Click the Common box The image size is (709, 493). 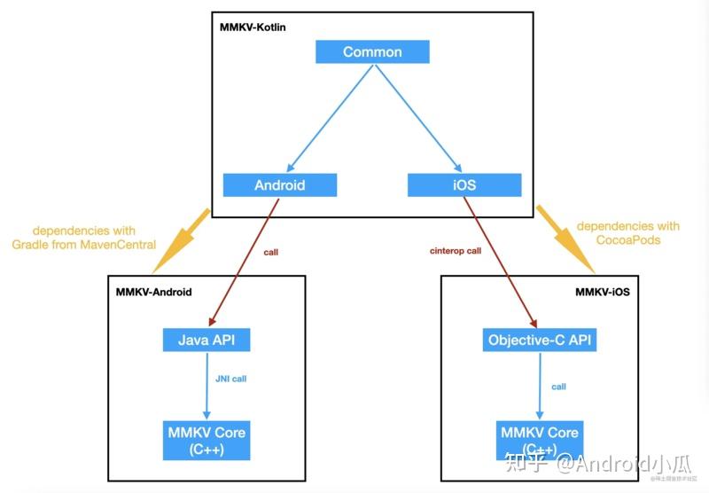[372, 52]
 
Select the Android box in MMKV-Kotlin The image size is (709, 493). [280, 185]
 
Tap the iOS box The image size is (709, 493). [464, 185]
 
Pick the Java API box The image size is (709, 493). [206, 340]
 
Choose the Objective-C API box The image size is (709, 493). [540, 340]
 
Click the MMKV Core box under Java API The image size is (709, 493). [206, 441]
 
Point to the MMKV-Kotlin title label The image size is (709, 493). [253, 27]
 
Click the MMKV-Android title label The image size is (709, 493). [153, 291]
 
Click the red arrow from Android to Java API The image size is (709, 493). [245, 261]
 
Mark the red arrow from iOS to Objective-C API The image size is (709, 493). [502, 261]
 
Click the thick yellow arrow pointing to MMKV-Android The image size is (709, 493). [183, 239]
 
